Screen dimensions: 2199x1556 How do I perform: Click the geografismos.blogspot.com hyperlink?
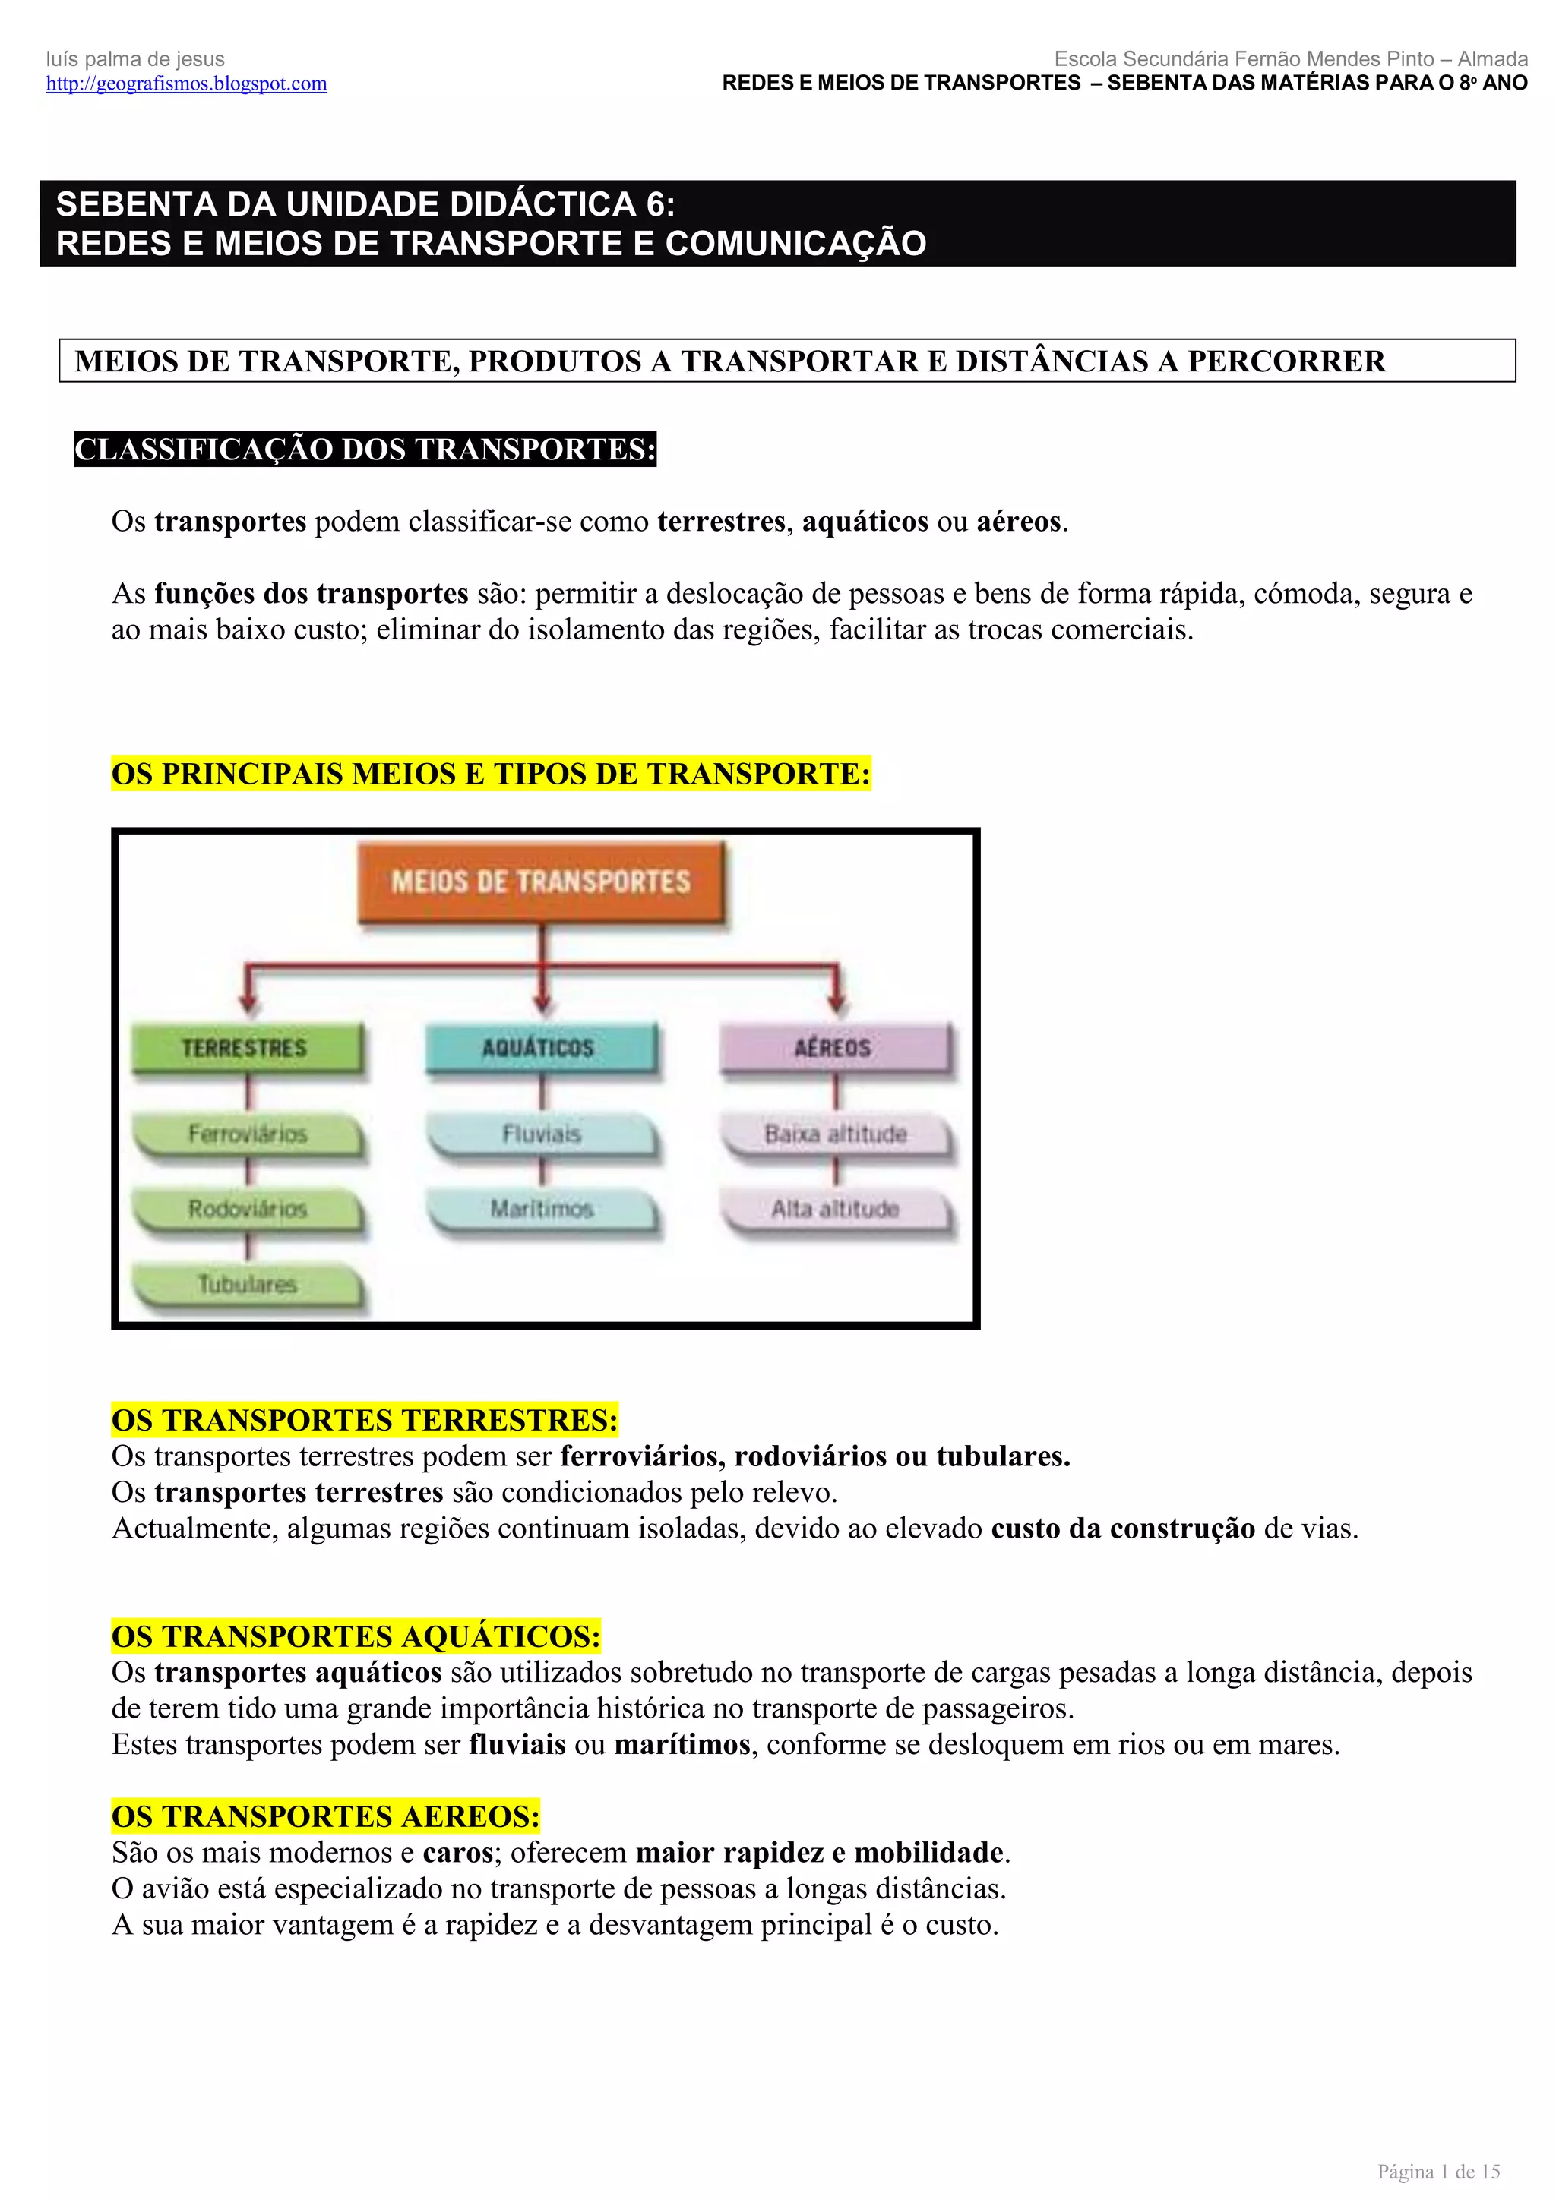pyautogui.click(x=187, y=84)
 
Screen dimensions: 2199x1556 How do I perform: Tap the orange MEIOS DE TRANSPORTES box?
pyautogui.click(x=542, y=881)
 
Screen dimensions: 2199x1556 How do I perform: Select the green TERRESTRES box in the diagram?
pyautogui.click(x=246, y=1047)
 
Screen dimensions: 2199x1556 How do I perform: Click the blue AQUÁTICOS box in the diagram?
pyautogui.click(x=540, y=1047)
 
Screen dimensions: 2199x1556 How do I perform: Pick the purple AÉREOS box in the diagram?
pyautogui.click(x=834, y=1047)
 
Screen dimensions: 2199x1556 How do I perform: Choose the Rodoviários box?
pyautogui.click(x=247, y=1209)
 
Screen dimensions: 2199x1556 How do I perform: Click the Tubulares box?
pyautogui.click(x=247, y=1283)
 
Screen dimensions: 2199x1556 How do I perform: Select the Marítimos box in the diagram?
pyautogui.click(x=542, y=1209)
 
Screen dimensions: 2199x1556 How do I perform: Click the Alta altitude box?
pyautogui.click(x=836, y=1209)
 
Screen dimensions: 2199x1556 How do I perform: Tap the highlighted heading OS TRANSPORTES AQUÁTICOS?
pyautogui.click(x=356, y=1636)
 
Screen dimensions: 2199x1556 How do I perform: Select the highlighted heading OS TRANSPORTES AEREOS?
pyautogui.click(x=326, y=1816)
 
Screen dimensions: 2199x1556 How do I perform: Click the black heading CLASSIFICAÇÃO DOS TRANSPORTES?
pyautogui.click(x=365, y=450)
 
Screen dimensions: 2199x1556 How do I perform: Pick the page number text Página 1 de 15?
pyautogui.click(x=1438, y=2171)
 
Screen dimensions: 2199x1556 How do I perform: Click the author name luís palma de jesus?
pyautogui.click(x=135, y=59)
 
